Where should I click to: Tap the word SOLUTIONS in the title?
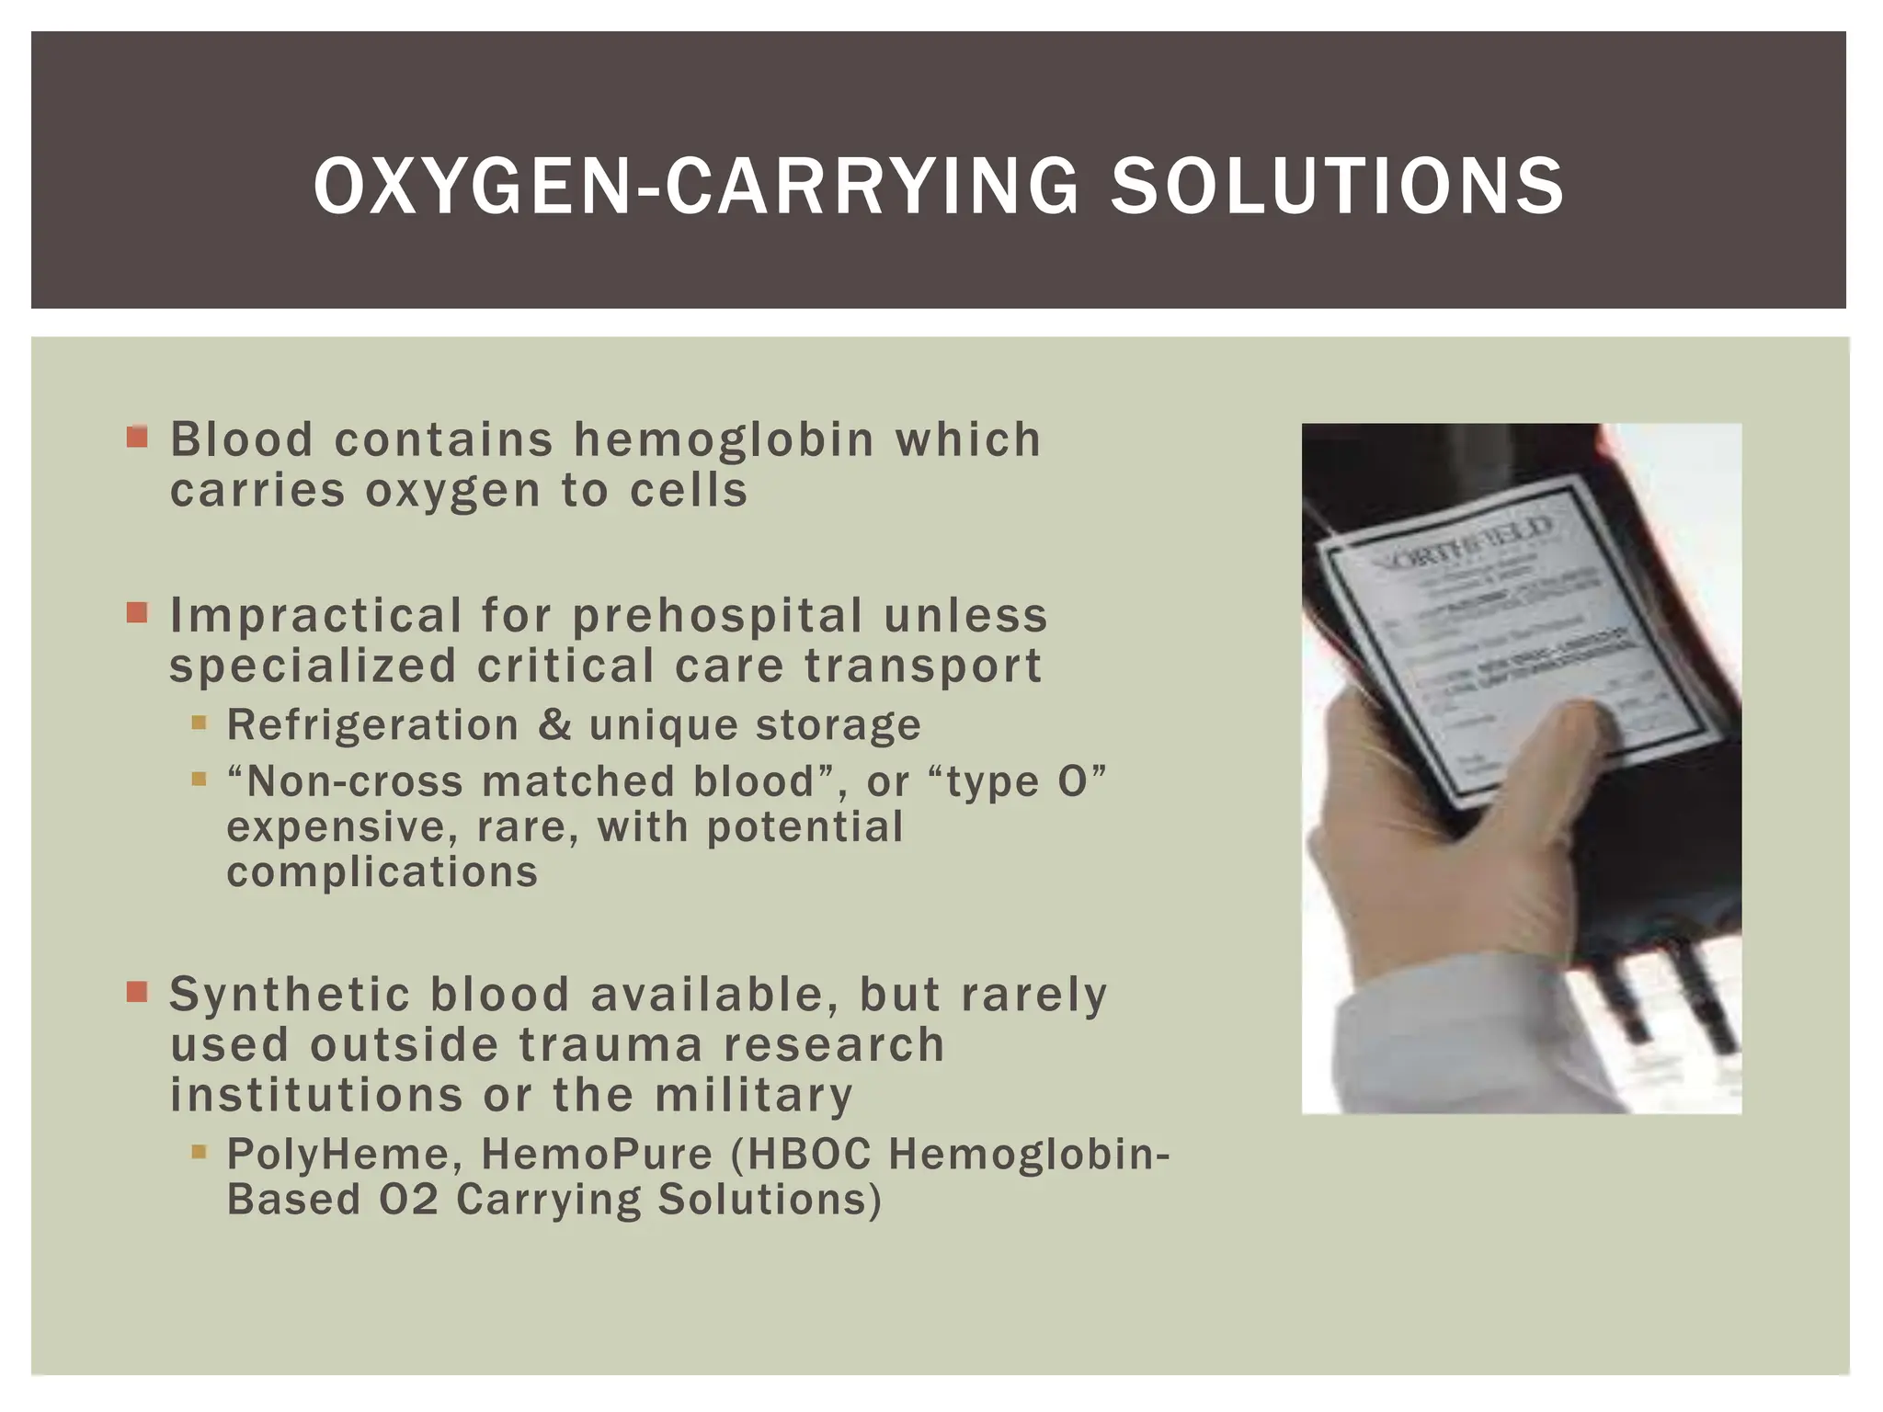tap(1337, 187)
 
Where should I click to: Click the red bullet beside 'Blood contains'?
tap(138, 436)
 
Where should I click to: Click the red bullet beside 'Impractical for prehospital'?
tap(138, 612)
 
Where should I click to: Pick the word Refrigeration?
tap(372, 725)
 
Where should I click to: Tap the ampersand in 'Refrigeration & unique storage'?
tap(554, 724)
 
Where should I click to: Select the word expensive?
tap(342, 827)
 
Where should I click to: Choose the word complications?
tap(382, 872)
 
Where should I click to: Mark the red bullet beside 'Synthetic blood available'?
tap(138, 992)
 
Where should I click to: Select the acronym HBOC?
tap(809, 1156)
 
